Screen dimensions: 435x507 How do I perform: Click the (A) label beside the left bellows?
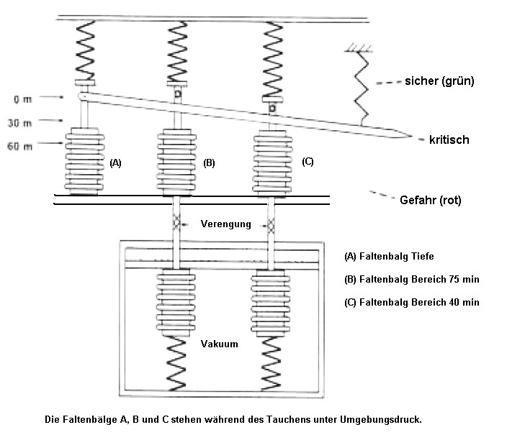pyautogui.click(x=115, y=163)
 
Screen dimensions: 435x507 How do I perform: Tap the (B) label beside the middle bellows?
pyautogui.click(x=209, y=163)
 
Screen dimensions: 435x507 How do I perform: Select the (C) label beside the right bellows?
pyautogui.click(x=308, y=162)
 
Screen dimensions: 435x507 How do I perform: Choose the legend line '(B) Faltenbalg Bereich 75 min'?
pyautogui.click(x=412, y=278)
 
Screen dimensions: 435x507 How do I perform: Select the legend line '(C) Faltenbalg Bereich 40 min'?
pyautogui.click(x=412, y=302)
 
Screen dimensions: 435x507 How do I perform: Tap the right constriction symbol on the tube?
pyautogui.click(x=272, y=226)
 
